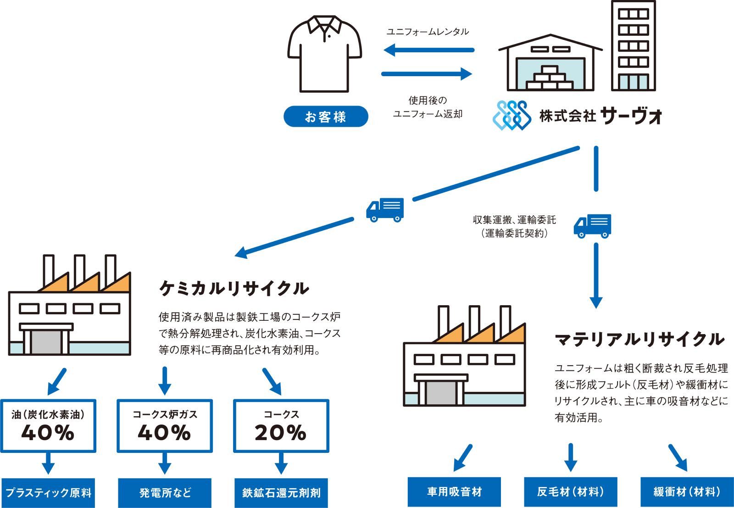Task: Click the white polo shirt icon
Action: pyautogui.click(x=325, y=55)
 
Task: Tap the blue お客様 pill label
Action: pyautogui.click(x=326, y=117)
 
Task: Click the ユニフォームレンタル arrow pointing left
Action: pyautogui.click(x=428, y=50)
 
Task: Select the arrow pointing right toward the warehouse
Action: pyautogui.click(x=427, y=74)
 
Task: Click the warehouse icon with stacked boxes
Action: pyautogui.click(x=550, y=64)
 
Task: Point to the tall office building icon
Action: pyautogui.click(x=634, y=46)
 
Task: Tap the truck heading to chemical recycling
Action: pyautogui.click(x=385, y=210)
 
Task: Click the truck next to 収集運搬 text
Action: pyautogui.click(x=593, y=226)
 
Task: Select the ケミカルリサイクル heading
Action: pyautogui.click(x=234, y=288)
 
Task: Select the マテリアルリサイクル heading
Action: pyautogui.click(x=639, y=339)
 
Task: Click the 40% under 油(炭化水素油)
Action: pyautogui.click(x=48, y=432)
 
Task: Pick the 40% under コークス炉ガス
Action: pyautogui.click(x=164, y=432)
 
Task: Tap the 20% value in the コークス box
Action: pyautogui.click(x=281, y=432)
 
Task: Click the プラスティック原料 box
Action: pyautogui.click(x=48, y=492)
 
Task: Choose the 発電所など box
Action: pyautogui.click(x=165, y=492)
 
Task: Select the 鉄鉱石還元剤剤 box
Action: pyautogui.click(x=281, y=492)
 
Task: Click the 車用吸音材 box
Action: pyautogui.click(x=454, y=491)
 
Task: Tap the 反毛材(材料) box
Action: pyautogui.click(x=571, y=491)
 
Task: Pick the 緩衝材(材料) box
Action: pyautogui.click(x=687, y=491)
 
